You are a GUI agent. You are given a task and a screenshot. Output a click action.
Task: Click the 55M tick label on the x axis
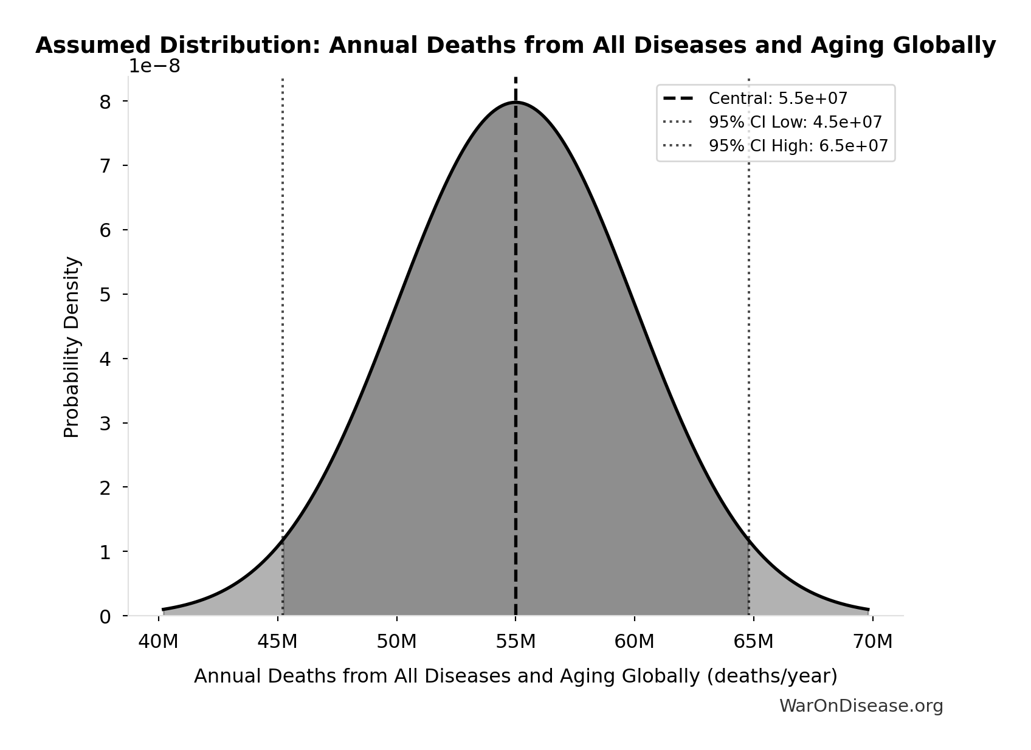(515, 642)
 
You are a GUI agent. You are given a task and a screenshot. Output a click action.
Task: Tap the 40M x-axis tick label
(159, 642)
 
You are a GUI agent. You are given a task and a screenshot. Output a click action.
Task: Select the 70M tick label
(872, 642)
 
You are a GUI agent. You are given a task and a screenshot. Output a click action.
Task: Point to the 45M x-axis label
(278, 642)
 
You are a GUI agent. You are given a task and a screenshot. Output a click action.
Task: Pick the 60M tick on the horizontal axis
(634, 642)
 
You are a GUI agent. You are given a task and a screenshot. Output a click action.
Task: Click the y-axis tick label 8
(105, 101)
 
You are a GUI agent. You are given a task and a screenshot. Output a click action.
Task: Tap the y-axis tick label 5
(105, 295)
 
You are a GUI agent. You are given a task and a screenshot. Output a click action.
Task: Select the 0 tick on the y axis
(105, 617)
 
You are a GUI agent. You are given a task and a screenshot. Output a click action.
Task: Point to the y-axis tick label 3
(105, 424)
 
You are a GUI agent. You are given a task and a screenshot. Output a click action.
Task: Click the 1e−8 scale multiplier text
(154, 66)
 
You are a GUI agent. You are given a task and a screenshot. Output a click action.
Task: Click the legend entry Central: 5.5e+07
(778, 98)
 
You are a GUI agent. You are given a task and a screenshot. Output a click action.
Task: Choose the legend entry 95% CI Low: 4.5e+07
(795, 122)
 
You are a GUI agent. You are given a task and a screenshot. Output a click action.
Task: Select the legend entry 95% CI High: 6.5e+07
(798, 146)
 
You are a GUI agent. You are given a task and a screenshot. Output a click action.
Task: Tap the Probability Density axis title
(72, 346)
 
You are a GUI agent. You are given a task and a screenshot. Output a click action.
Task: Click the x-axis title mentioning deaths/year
(515, 676)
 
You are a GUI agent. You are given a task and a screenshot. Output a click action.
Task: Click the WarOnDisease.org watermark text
(861, 706)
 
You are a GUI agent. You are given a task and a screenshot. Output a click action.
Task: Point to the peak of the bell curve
(515, 103)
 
